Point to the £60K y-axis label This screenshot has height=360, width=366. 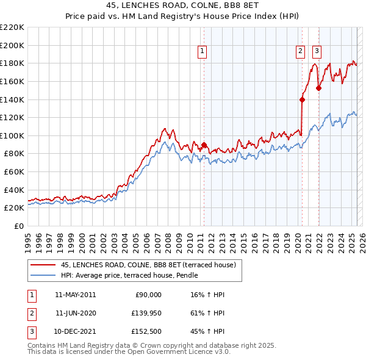click(x=13, y=172)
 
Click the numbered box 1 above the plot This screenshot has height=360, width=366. click(x=202, y=52)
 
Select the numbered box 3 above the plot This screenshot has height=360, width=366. click(x=317, y=52)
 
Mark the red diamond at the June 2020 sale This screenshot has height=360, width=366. click(x=302, y=99)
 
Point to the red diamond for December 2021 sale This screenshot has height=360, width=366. click(x=318, y=88)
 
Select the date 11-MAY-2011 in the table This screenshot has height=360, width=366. click(x=76, y=295)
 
